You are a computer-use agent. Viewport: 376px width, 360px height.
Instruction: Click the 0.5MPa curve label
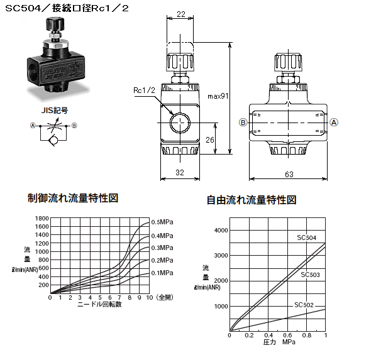[x=162, y=222]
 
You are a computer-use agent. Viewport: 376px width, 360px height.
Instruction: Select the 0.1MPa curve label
[x=162, y=273]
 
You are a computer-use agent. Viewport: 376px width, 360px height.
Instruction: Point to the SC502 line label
[x=304, y=305]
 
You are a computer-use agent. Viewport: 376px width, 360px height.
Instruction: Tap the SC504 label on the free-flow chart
[x=306, y=237]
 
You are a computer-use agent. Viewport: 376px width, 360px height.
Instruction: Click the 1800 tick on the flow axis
[x=42, y=219]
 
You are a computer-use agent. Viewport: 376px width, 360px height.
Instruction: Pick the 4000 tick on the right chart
[x=221, y=231]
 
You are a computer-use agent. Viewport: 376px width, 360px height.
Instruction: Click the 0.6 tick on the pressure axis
[x=287, y=335]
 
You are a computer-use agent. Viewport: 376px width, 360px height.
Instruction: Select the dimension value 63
[x=289, y=174]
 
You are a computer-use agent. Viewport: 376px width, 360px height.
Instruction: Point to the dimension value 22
[x=181, y=14]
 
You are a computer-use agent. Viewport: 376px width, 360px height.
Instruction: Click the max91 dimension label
[x=218, y=96]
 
